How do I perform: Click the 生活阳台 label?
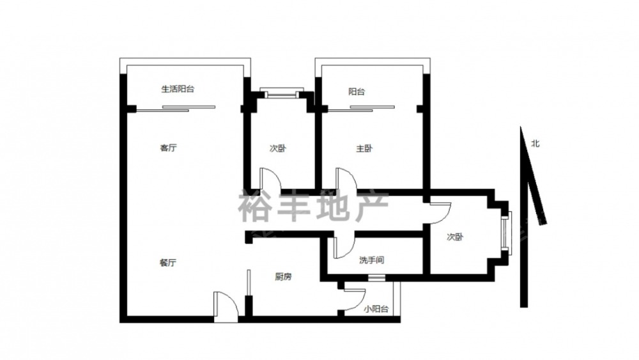point(178,89)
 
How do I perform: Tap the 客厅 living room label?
point(168,148)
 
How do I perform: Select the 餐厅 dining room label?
point(168,263)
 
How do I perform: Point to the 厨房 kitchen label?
point(283,277)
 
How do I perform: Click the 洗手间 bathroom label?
point(371,260)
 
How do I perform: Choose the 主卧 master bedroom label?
point(364,148)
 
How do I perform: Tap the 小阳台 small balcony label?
point(376,309)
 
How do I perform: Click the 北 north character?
point(535,143)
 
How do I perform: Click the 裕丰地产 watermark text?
point(313,207)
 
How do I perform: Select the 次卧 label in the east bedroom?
point(455,237)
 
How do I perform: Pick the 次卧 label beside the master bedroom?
point(278,148)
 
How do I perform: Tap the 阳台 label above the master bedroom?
point(357,91)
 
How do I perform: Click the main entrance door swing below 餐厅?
point(226,306)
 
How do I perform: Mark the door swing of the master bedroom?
point(346,180)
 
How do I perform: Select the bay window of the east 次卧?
point(507,233)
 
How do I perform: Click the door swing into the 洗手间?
point(344,246)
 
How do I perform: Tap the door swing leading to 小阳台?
point(355,300)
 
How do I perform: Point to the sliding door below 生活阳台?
point(176,109)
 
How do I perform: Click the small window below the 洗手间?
point(376,278)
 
